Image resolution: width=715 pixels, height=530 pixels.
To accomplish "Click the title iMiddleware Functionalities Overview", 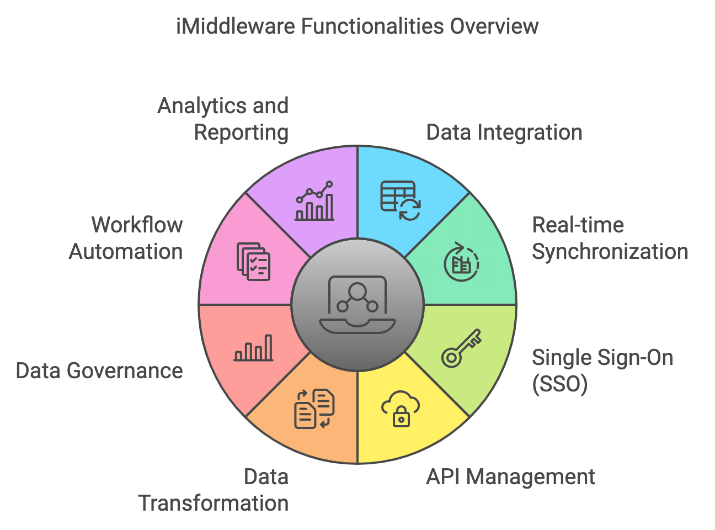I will pos(357,26).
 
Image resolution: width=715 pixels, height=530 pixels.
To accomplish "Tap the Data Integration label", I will pos(504,132).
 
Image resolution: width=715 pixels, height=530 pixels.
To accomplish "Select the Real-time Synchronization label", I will pos(610,239).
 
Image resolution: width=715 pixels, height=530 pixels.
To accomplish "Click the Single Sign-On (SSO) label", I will pos(602,371).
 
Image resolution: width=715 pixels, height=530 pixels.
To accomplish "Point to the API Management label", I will pos(510,477).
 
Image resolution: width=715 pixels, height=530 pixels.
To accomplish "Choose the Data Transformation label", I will pos(214,490).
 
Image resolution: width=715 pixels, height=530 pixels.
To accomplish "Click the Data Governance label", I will pos(99,371).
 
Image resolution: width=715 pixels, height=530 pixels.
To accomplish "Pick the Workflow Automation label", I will pos(126,239).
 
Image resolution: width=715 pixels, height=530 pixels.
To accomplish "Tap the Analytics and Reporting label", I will pos(223,119).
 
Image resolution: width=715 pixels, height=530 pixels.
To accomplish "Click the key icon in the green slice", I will pos(461,348).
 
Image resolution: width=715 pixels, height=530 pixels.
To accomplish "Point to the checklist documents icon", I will pos(253,261).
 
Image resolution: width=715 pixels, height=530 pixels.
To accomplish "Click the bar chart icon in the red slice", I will pos(253,348).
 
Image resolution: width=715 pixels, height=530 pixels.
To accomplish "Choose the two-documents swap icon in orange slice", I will pos(314,409).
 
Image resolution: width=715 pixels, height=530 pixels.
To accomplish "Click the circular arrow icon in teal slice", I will pos(461,262).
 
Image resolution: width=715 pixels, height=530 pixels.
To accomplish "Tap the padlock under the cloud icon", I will pos(401,417).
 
